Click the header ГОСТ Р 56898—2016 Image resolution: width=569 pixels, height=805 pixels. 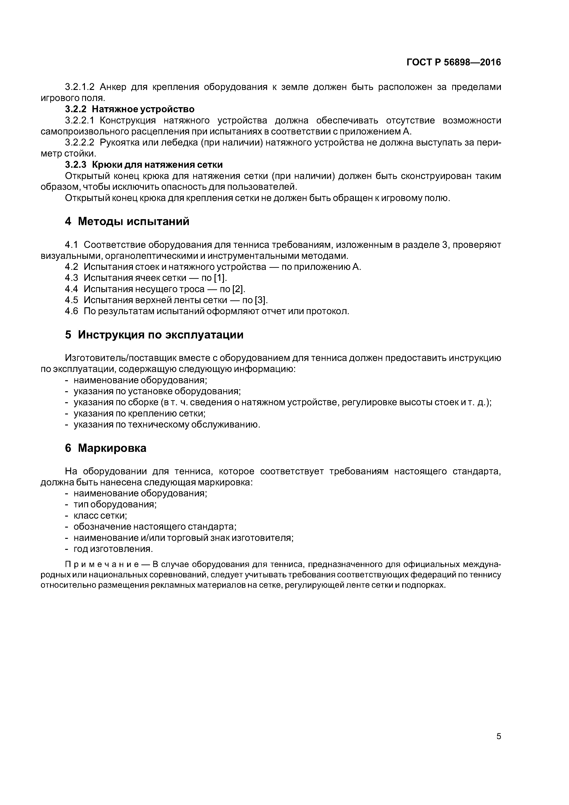(454, 62)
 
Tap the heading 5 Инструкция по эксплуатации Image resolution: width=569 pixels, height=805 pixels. (154, 335)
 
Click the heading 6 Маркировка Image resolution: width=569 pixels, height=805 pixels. (106, 448)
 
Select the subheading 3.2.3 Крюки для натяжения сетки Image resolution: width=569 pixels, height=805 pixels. (144, 165)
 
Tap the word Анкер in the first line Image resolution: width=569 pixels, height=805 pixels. (113, 87)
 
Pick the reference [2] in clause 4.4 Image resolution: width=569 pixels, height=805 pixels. (238, 289)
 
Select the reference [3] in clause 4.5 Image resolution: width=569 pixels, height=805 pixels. (261, 300)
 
